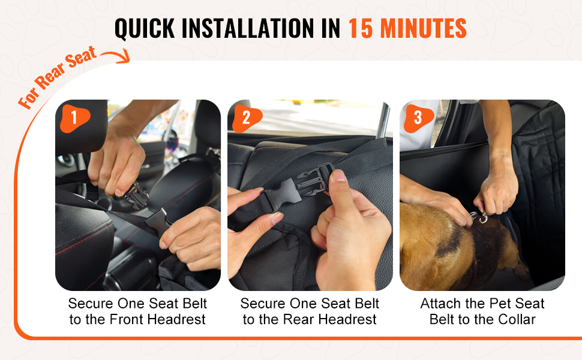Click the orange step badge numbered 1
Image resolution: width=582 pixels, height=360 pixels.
74,118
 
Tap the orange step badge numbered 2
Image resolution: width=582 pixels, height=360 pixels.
247,118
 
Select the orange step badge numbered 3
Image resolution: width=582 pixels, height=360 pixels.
419,118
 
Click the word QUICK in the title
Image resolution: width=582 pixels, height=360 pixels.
145,29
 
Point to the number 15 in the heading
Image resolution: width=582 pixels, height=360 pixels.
361,28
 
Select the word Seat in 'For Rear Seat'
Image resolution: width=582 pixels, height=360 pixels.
81,58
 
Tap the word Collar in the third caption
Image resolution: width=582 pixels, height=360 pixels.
517,319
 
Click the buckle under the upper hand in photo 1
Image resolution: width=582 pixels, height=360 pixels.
137,195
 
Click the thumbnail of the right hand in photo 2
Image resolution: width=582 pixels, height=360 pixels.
338,176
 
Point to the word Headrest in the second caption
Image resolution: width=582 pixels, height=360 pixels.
348,319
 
